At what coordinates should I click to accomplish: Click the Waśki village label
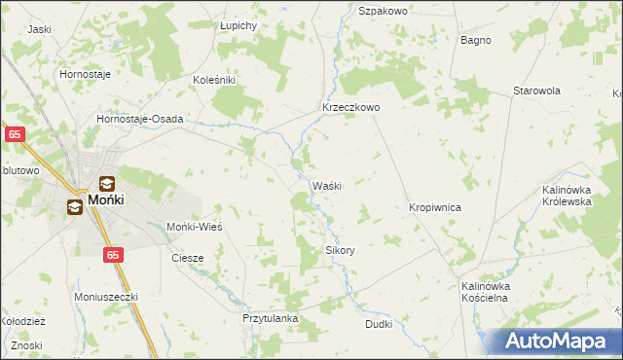(x=325, y=186)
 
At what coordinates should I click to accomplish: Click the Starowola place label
(x=537, y=90)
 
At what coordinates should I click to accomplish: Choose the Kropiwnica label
(x=434, y=208)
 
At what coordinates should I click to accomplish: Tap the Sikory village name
(x=340, y=250)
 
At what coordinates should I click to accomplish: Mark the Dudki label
(x=379, y=324)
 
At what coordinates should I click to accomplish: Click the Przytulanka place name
(x=270, y=318)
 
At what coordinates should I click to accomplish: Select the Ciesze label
(x=187, y=258)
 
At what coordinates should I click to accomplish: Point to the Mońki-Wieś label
(x=196, y=227)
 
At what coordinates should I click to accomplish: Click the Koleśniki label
(x=215, y=80)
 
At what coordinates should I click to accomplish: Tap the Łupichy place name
(x=238, y=24)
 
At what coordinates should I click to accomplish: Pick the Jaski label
(x=40, y=29)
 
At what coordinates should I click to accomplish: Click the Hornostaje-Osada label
(x=140, y=119)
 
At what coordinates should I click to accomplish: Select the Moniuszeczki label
(x=107, y=296)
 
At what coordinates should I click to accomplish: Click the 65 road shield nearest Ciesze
(x=114, y=254)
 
